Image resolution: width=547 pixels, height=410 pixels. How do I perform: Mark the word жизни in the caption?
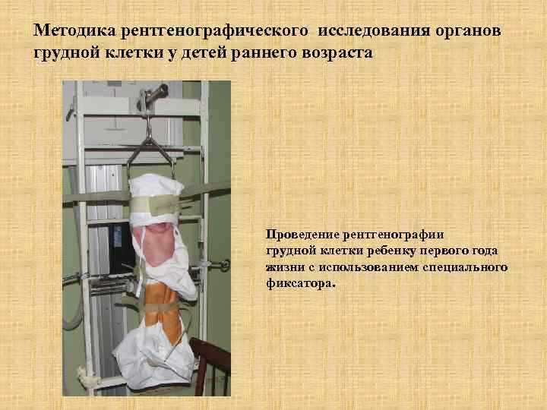click(283, 268)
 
